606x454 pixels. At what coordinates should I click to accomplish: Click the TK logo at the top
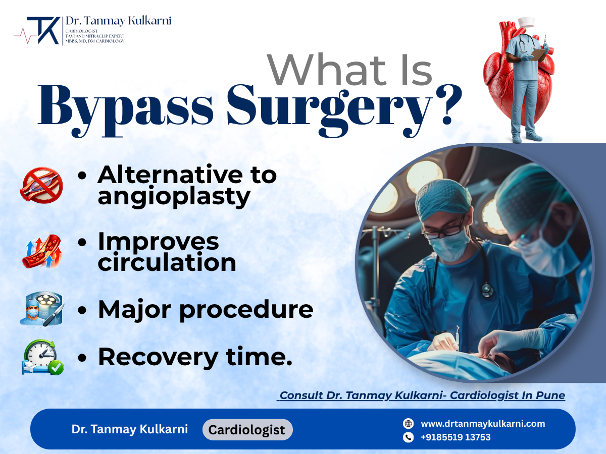point(43,31)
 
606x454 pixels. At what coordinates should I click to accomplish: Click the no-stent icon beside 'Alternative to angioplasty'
point(41,185)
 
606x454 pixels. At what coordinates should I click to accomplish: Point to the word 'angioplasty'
point(174,197)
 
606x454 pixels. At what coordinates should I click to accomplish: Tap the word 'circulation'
point(167,263)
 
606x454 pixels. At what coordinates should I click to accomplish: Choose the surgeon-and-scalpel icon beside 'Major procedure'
point(41,309)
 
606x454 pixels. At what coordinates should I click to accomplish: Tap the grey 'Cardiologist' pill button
point(247,430)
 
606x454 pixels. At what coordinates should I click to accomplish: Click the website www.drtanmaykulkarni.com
point(482,424)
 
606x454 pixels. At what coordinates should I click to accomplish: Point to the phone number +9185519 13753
point(455,437)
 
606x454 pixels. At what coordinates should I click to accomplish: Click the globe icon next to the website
point(409,424)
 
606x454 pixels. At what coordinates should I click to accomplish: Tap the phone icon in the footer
point(409,437)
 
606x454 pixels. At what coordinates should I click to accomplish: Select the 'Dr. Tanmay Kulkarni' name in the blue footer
point(129,429)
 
